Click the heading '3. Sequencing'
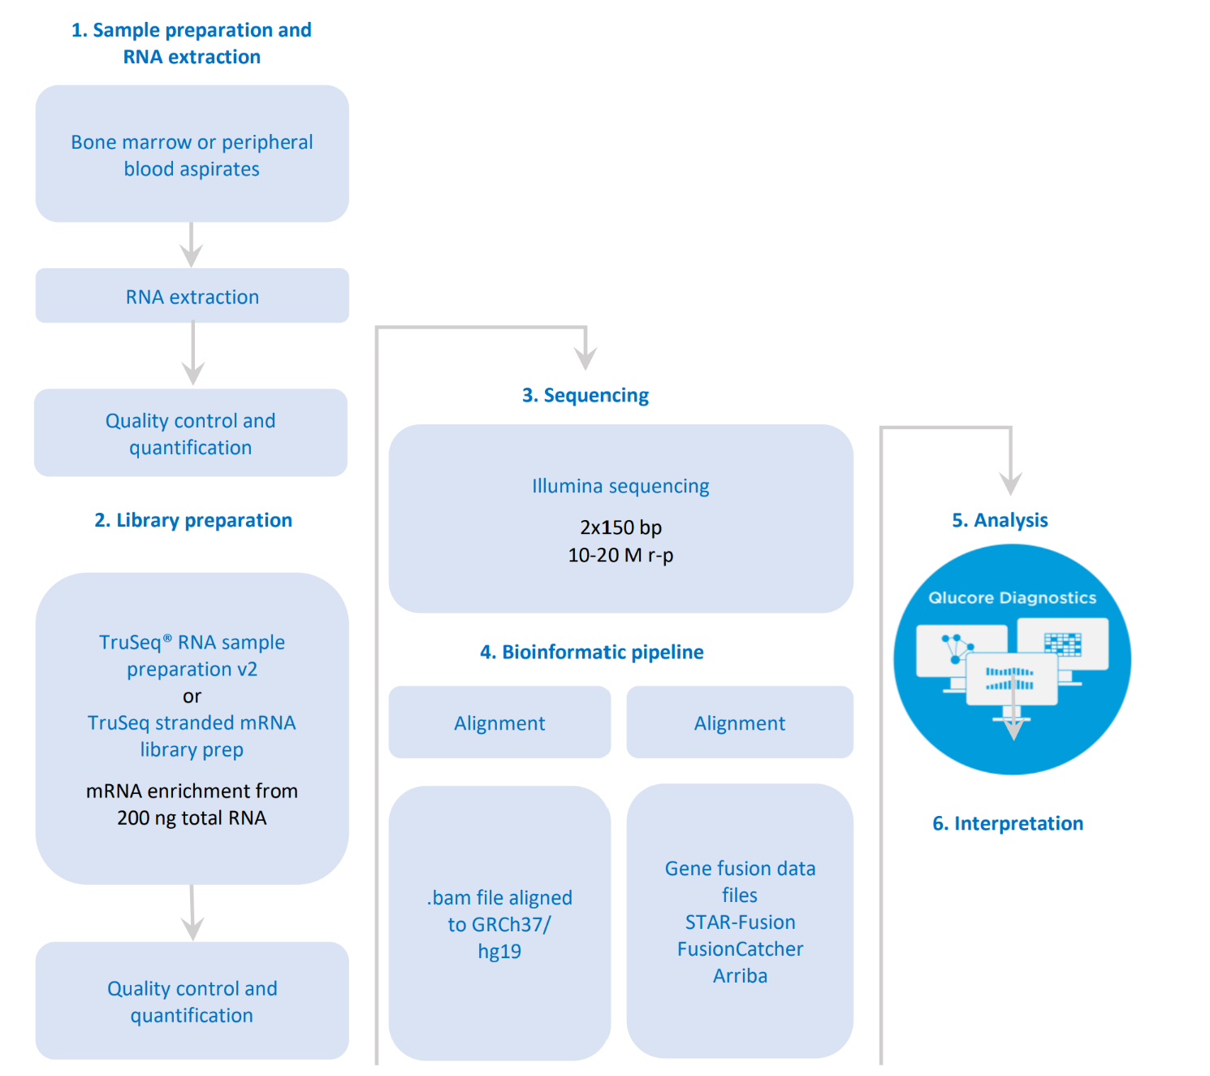(585, 396)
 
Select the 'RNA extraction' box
(192, 297)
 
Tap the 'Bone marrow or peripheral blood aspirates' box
(192, 154)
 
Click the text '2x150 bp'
(620, 527)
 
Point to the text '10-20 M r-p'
(620, 555)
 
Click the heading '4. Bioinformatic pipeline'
(591, 652)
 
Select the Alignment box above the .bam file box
(499, 723)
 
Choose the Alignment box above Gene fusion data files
(740, 723)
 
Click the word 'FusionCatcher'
(740, 949)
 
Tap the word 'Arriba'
(740, 976)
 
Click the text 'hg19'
(499, 952)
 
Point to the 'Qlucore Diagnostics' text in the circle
(1012, 598)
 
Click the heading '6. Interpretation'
(1008, 823)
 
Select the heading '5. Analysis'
(1000, 520)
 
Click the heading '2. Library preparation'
(193, 520)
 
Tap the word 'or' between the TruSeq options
(192, 696)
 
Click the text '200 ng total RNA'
(192, 818)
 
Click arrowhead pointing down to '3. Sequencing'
(586, 358)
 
